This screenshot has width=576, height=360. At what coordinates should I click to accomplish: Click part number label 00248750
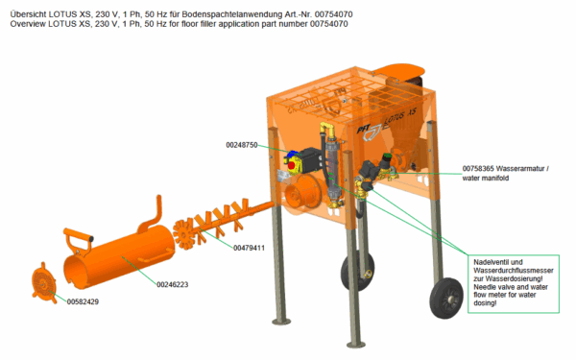[x=242, y=145]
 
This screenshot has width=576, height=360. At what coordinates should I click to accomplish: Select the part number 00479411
[x=249, y=248]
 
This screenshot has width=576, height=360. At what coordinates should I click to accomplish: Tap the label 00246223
[x=172, y=285]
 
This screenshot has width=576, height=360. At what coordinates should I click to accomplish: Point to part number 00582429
[x=83, y=301]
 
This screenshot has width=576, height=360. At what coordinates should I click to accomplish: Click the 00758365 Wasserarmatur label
[x=506, y=169]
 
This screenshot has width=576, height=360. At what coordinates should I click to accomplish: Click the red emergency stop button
[x=292, y=165]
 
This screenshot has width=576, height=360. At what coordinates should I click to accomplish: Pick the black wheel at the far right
[x=446, y=298]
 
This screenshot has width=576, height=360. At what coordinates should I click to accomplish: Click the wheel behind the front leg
[x=357, y=271]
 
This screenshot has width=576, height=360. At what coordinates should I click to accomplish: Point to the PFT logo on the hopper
[x=371, y=132]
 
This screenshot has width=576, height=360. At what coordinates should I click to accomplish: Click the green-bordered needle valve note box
[x=514, y=284]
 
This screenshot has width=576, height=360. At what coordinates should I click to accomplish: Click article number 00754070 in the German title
[x=333, y=14]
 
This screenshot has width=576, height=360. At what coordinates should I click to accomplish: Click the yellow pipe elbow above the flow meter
[x=327, y=130]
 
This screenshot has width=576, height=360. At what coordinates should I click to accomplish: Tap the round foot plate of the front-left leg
[x=281, y=322]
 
